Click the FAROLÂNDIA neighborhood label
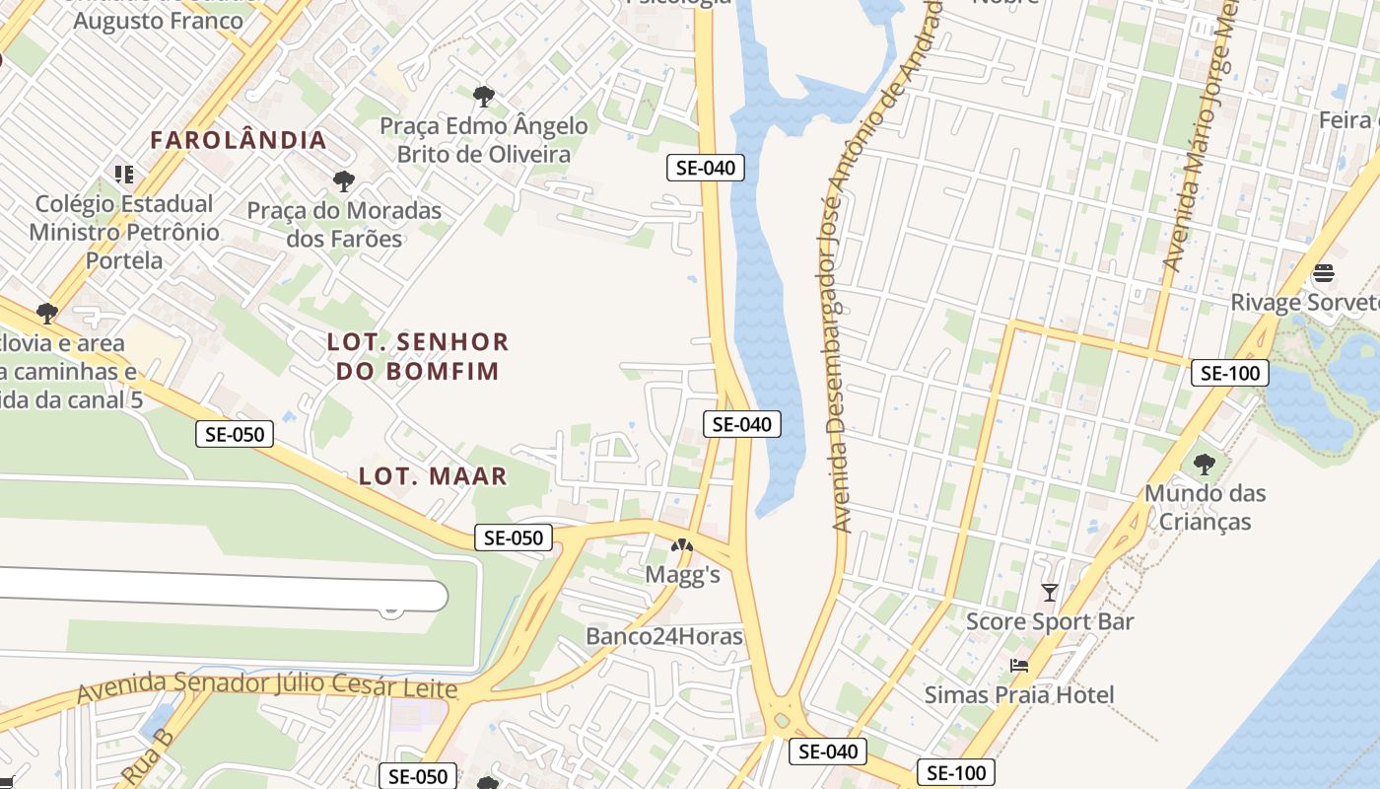[x=239, y=140]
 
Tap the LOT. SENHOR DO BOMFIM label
[x=418, y=356]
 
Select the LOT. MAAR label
[x=433, y=476]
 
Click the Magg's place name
[x=682, y=574]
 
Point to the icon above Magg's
[x=682, y=544]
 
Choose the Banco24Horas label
[x=663, y=636]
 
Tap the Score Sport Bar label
[x=1050, y=621]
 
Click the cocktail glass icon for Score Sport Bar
[x=1050, y=592]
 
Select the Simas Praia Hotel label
[x=1019, y=694]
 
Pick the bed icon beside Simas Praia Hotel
[x=1019, y=666]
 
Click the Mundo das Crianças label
[x=1205, y=507]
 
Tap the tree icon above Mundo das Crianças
[x=1204, y=464]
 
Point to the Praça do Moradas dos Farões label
[x=344, y=225]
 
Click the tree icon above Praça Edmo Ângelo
[x=483, y=97]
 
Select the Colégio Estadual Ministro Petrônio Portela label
[x=124, y=232]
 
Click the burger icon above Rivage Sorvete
[x=1324, y=272]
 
